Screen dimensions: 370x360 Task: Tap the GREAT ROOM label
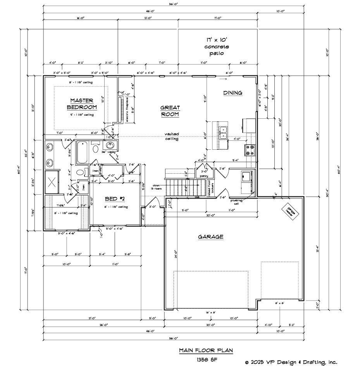pyautogui.click(x=169, y=111)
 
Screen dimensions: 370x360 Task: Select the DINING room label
pyautogui.click(x=233, y=93)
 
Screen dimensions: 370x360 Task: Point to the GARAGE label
pyautogui.click(x=210, y=237)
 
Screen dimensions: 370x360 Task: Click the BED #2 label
pyautogui.click(x=115, y=199)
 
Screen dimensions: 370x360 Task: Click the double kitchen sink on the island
pyautogui.click(x=223, y=133)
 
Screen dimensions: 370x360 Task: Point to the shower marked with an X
pyautogui.click(x=52, y=182)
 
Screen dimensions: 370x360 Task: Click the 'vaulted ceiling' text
pyautogui.click(x=171, y=136)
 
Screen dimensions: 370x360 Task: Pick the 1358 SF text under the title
pyautogui.click(x=205, y=360)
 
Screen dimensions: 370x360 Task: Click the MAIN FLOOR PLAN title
pyautogui.click(x=205, y=351)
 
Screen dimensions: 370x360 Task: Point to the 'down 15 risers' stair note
pyautogui.click(x=157, y=187)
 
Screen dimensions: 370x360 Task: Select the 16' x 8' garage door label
pyautogui.click(x=210, y=312)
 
